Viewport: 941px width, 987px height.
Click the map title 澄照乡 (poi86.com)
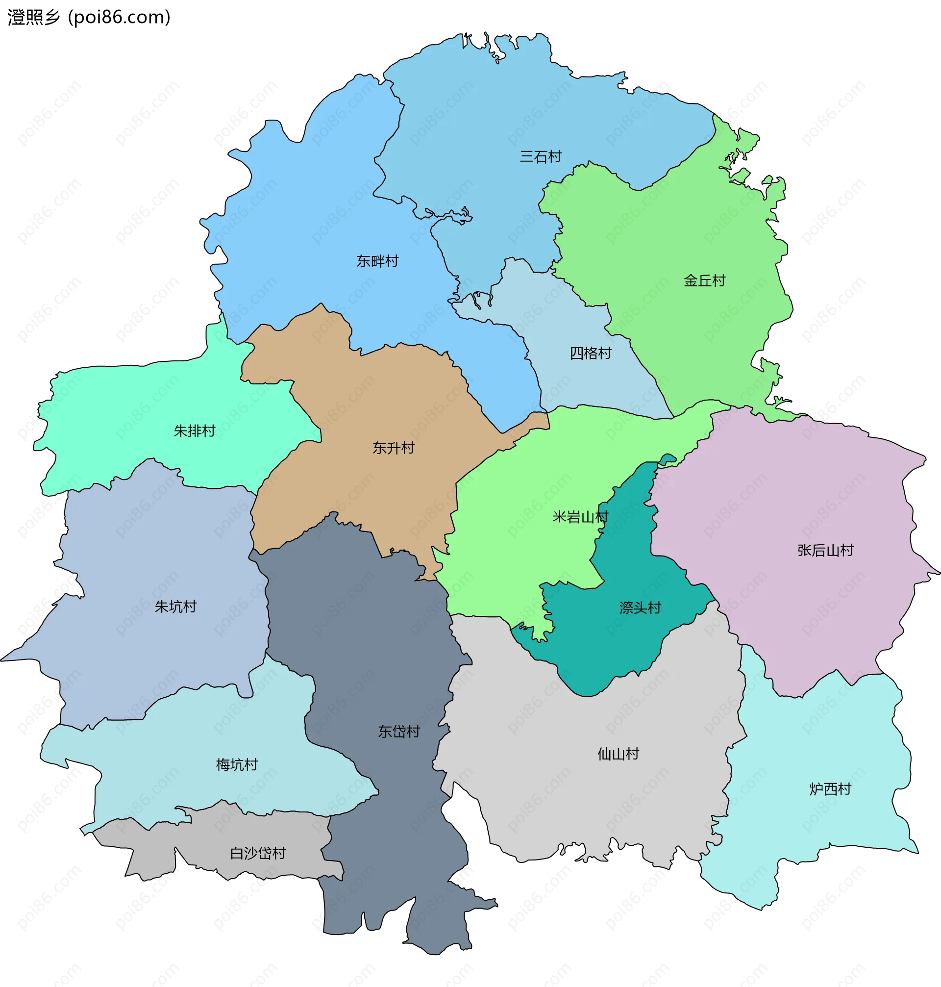[89, 18]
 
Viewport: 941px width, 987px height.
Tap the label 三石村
[540, 157]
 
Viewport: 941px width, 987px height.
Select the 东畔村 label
[377, 261]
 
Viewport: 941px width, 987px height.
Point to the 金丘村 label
[704, 281]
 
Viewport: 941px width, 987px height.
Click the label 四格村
[591, 354]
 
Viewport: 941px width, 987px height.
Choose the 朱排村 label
[194, 431]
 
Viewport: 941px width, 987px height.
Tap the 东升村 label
[393, 448]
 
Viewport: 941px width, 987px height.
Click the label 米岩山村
[580, 517]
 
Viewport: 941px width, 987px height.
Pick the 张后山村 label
[825, 551]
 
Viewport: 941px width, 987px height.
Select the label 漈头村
[640, 608]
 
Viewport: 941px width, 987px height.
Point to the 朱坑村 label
[175, 607]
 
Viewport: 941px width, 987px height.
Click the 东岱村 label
[399, 732]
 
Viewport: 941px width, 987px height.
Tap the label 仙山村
[618, 754]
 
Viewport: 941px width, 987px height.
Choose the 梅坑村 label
[236, 765]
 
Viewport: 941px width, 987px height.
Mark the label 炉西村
[830, 789]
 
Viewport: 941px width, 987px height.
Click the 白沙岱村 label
[258, 853]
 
